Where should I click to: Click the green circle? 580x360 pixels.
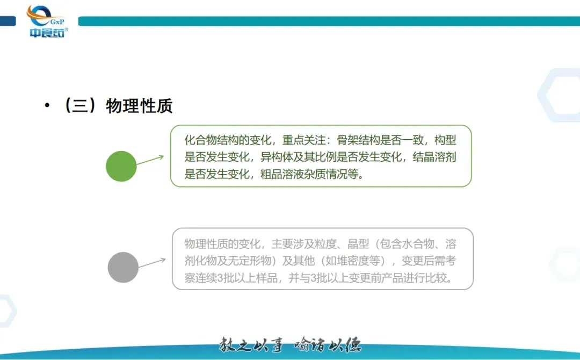pos(121,166)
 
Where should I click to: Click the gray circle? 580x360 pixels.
pos(123,268)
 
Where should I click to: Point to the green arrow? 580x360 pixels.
pos(150,160)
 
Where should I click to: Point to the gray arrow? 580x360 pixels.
pos(152,262)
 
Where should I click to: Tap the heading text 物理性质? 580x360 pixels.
pos(139,106)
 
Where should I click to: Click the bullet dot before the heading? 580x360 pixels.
pos(47,105)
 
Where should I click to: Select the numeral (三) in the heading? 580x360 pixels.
pos(80,105)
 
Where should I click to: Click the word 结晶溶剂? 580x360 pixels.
pos(434,157)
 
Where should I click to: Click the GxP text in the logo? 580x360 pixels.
pos(57,22)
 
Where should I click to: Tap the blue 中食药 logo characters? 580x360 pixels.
pos(47,33)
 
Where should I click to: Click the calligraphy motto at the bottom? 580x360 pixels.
pos(290,345)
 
